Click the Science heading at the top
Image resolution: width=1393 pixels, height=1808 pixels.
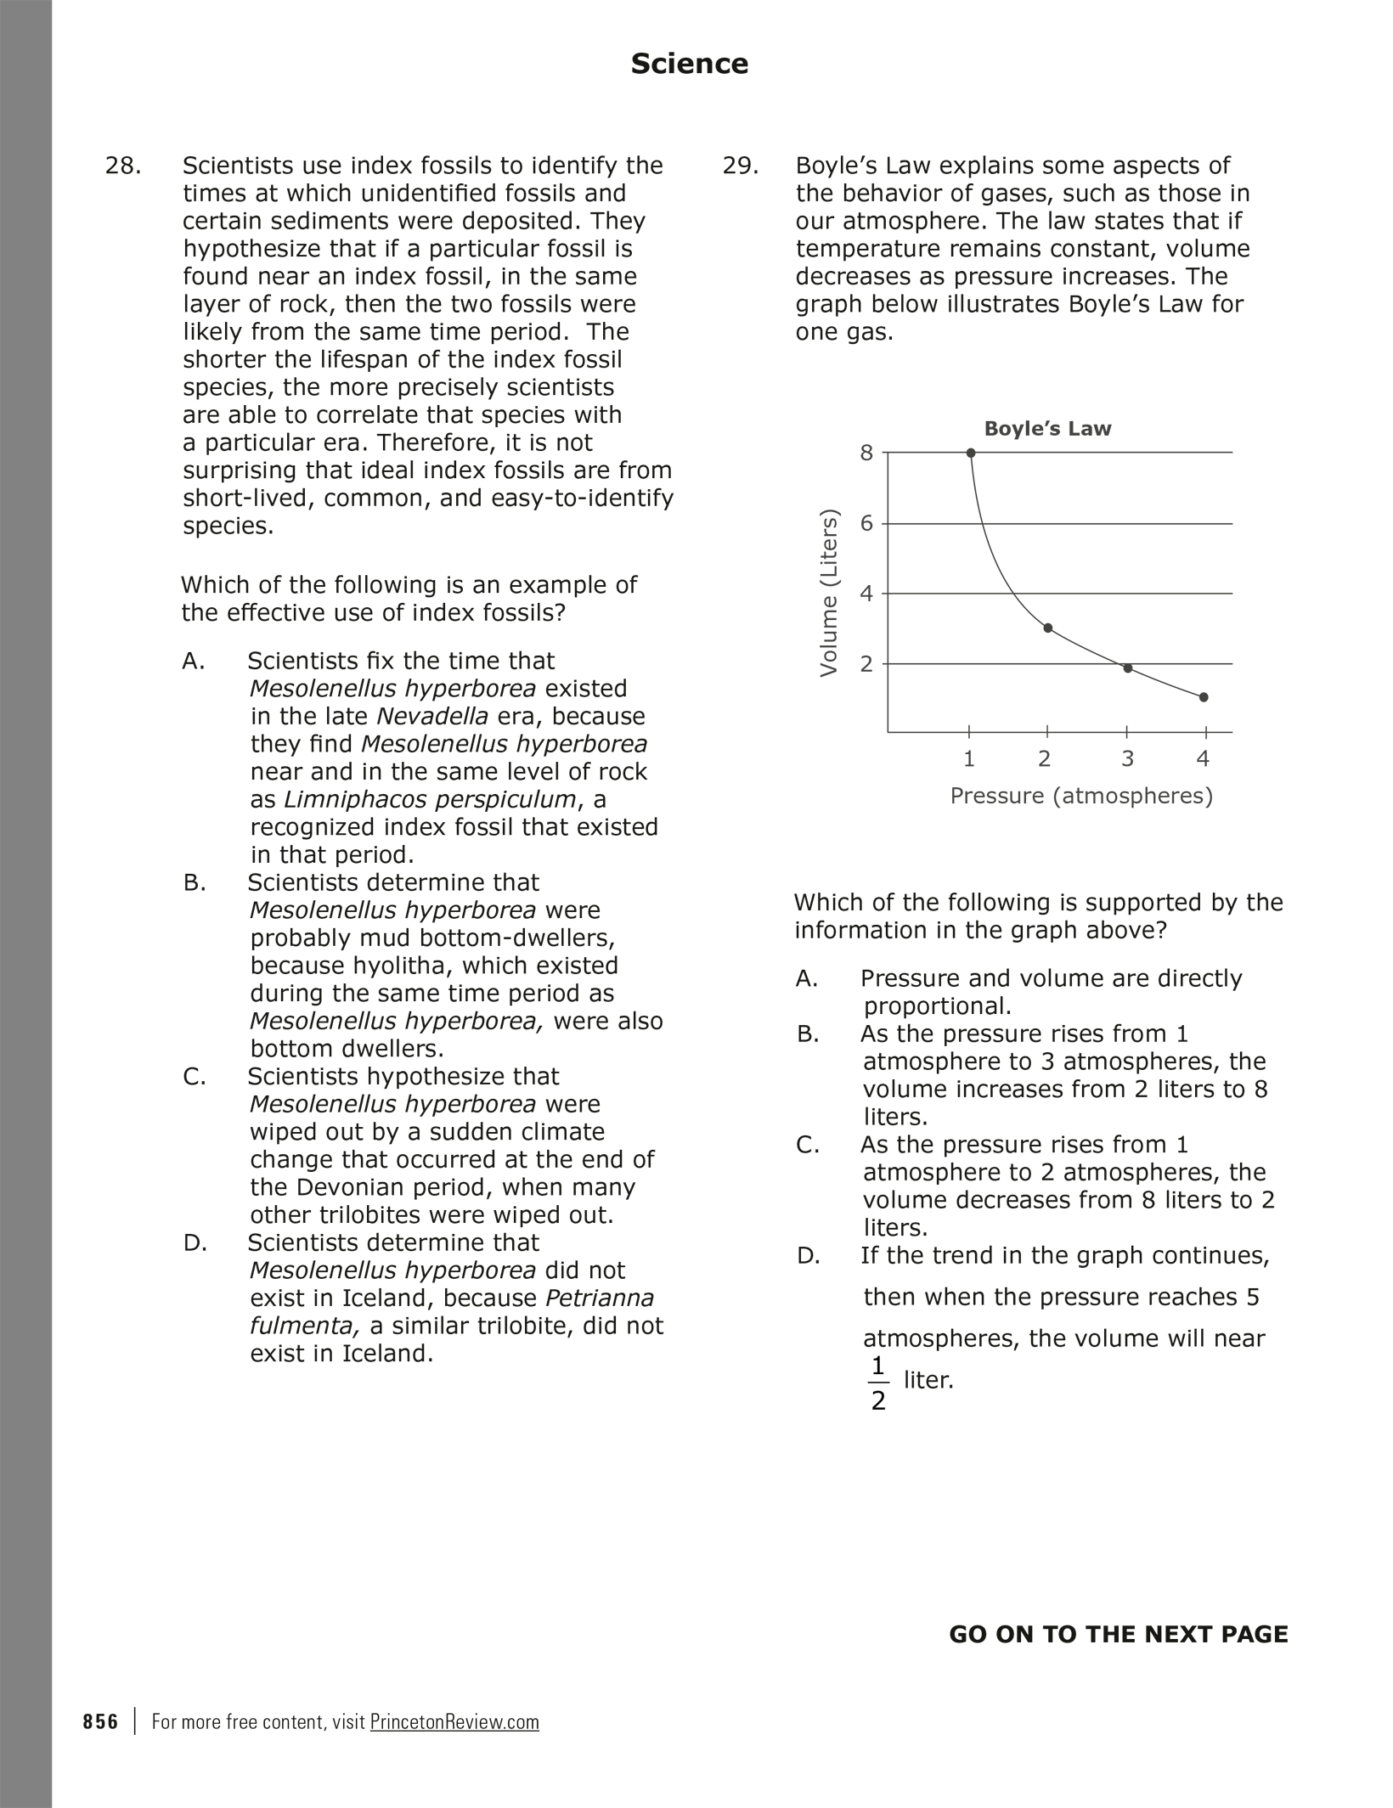(x=689, y=64)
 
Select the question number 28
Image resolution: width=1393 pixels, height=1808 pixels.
(x=122, y=166)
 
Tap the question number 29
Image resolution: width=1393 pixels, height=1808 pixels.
(x=740, y=166)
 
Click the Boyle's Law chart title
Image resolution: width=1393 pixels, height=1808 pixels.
(x=1047, y=429)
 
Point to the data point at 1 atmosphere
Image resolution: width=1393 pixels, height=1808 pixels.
(x=971, y=453)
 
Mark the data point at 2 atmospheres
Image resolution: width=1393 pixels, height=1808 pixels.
(x=1047, y=628)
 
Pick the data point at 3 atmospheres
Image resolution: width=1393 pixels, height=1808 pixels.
(x=1128, y=668)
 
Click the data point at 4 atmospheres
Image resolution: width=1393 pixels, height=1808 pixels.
(x=1204, y=697)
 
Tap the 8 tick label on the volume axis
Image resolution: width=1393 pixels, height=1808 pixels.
(x=866, y=453)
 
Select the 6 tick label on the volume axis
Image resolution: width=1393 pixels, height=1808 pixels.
(x=866, y=523)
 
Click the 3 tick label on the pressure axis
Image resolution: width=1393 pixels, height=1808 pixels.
(x=1127, y=758)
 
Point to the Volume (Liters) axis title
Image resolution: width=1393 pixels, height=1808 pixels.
(x=829, y=593)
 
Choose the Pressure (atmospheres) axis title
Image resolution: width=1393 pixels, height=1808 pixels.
(x=1081, y=796)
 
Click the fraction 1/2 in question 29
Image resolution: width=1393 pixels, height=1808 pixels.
(x=878, y=1383)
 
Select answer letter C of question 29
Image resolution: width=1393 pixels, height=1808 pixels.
(x=808, y=1145)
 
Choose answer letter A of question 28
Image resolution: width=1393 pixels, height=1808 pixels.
(x=194, y=661)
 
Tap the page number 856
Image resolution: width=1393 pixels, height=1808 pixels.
(x=100, y=1721)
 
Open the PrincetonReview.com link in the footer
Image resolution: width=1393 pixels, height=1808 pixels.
(x=454, y=1721)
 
